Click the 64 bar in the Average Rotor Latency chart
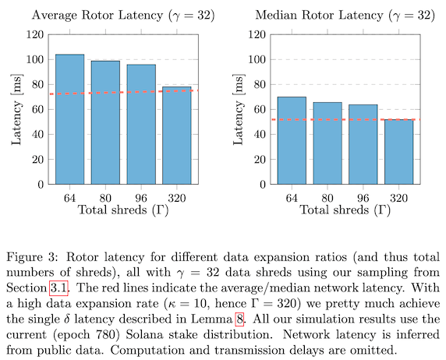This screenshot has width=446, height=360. (x=69, y=119)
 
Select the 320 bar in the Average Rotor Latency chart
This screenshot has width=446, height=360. (x=177, y=136)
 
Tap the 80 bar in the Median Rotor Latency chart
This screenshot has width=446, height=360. (x=327, y=143)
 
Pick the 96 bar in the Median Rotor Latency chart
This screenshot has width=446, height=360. (x=363, y=144)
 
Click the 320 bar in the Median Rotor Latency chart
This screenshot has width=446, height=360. (x=398, y=152)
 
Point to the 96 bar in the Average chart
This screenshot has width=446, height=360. (x=141, y=125)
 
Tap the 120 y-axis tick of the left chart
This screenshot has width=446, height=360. (x=35, y=35)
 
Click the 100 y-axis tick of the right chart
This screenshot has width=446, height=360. (x=257, y=60)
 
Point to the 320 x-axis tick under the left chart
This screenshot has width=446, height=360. (x=177, y=198)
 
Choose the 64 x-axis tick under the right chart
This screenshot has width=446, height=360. (x=292, y=198)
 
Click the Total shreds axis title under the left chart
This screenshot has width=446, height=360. (x=123, y=210)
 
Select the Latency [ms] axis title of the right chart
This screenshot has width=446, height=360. (x=239, y=109)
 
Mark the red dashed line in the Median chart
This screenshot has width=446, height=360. (x=345, y=119)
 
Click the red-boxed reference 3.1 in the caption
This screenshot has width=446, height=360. (x=59, y=288)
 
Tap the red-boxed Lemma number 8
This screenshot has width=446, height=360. (x=239, y=319)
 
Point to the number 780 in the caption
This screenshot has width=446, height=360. (x=109, y=335)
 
